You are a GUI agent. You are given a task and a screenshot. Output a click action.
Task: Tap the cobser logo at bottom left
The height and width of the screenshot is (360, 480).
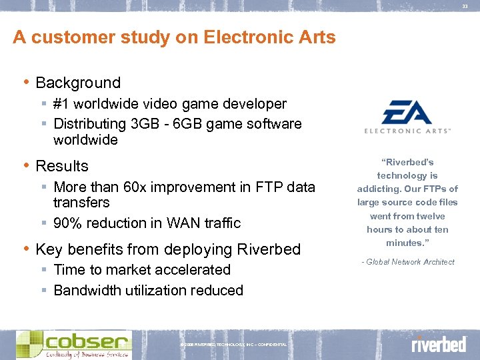(74, 344)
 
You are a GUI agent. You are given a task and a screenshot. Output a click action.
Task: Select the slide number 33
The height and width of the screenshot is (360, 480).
(465, 7)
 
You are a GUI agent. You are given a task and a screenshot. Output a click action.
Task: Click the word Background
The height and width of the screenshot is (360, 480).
(78, 83)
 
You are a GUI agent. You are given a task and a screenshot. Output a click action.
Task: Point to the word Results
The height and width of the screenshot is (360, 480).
(62, 166)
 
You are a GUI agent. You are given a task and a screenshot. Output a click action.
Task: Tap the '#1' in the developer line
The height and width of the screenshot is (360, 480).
(62, 104)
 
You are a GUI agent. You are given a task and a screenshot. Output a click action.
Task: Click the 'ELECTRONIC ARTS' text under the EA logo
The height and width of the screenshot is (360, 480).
(407, 131)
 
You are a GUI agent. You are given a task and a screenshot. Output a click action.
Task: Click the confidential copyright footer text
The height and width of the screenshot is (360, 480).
(233, 345)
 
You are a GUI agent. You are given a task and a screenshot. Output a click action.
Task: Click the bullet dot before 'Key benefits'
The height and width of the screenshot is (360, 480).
(26, 249)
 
